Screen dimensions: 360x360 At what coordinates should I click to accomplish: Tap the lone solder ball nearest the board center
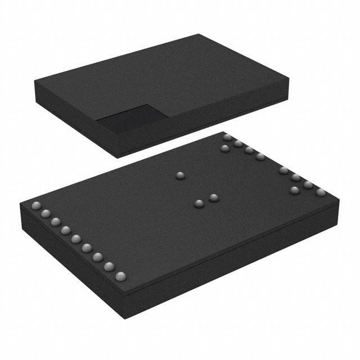(181, 177)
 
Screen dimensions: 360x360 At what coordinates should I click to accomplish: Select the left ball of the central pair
(199, 202)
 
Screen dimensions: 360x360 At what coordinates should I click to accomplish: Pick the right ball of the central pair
(213, 197)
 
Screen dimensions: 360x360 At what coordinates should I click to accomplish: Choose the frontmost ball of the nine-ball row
(120, 276)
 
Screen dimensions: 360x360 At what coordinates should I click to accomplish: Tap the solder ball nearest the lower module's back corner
(227, 137)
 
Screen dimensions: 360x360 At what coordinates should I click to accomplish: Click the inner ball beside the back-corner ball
(225, 148)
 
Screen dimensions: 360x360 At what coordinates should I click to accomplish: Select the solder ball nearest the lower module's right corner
(321, 193)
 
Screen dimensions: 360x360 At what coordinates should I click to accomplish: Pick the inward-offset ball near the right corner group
(294, 191)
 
